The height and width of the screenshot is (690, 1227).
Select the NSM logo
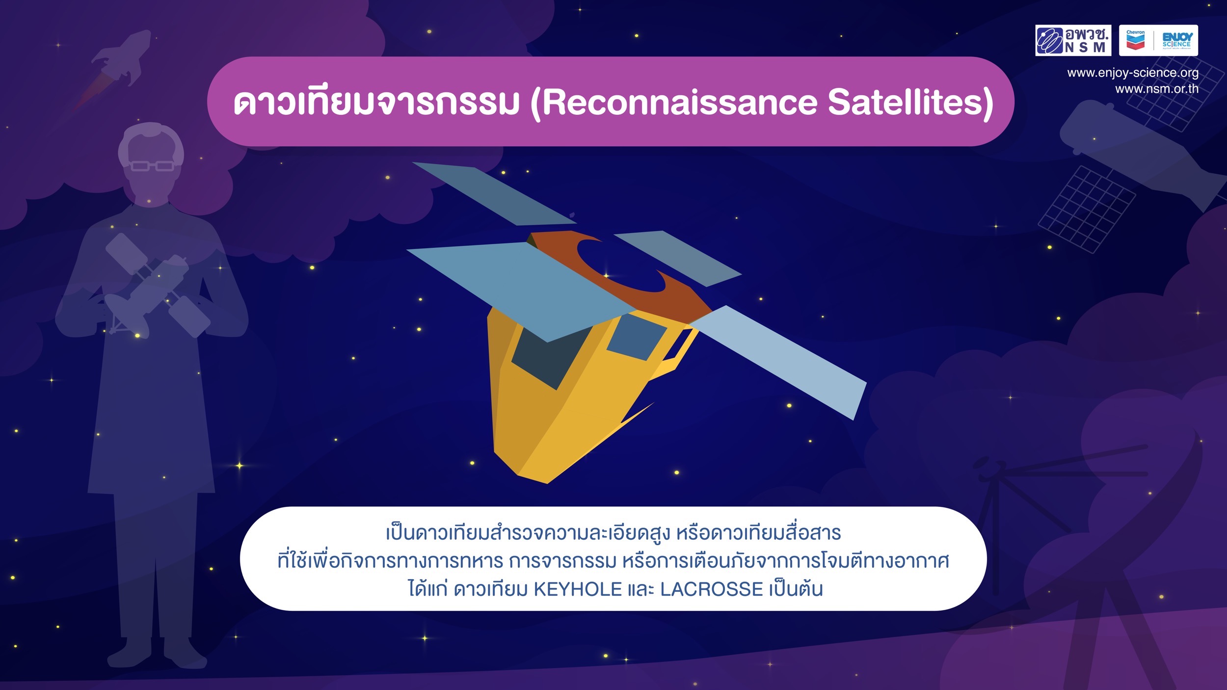pos(1073,40)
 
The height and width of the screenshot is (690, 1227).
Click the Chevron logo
pos(1136,40)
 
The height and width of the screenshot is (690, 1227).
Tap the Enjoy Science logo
pos(1177,40)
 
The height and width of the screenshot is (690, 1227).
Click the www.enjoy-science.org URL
pos(1133,73)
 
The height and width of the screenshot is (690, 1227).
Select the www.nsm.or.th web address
pos(1157,89)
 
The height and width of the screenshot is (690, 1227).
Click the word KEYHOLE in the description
pos(578,589)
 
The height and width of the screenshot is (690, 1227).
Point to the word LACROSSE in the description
pos(711,589)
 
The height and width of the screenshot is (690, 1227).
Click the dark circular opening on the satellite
pos(621,265)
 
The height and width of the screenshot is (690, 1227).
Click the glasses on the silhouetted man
pos(152,166)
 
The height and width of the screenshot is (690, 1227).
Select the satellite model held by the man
pos(157,285)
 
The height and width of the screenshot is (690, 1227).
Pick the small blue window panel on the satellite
pos(637,337)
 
